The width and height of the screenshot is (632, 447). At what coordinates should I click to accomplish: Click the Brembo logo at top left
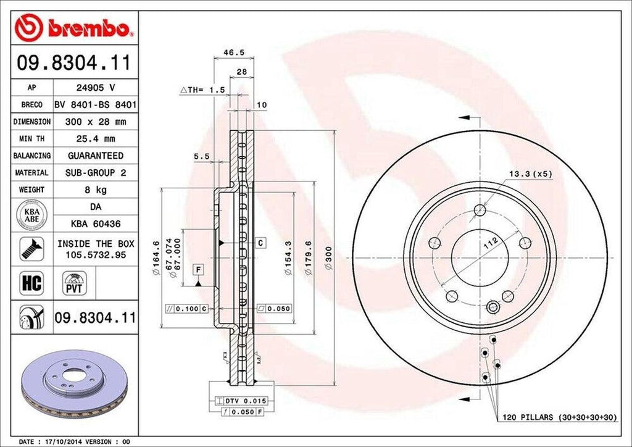click(x=74, y=27)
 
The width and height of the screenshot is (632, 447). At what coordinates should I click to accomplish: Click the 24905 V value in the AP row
click(x=95, y=88)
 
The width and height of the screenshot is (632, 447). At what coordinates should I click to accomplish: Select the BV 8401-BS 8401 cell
click(x=95, y=105)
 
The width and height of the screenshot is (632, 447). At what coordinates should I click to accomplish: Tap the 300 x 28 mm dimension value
click(x=95, y=122)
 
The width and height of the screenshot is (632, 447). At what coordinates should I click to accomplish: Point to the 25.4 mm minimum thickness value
click(x=95, y=139)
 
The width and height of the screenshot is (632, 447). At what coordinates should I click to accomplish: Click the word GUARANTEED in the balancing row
click(x=95, y=156)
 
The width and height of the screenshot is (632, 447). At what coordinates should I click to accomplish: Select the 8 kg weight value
click(x=95, y=190)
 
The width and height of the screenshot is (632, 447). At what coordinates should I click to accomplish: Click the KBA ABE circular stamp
click(x=30, y=214)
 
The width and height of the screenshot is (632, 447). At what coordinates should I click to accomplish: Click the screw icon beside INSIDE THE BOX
click(x=30, y=249)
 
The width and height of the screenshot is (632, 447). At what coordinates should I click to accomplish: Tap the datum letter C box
click(x=261, y=243)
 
